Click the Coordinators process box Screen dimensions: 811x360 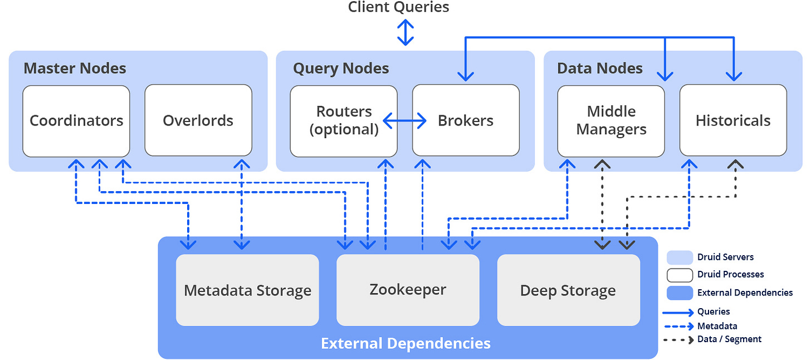coord(76,121)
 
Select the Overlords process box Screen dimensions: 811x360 coord(198,120)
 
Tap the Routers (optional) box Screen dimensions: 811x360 coord(344,121)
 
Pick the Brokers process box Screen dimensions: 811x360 coord(466,120)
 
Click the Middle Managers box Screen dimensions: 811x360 coord(611,121)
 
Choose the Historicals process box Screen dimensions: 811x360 coord(733,120)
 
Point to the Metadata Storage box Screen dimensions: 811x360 coord(247,290)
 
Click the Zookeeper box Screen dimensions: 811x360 coord(408,290)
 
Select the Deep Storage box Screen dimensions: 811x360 coord(568,290)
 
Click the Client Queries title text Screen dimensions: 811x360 coord(399,7)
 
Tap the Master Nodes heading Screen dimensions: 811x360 coord(75,68)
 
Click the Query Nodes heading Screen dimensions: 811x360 coord(341,68)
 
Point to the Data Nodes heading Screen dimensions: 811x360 coord(600,68)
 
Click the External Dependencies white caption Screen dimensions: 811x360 coord(406,343)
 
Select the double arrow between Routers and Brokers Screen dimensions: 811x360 coord(405,120)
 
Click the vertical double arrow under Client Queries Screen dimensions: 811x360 coord(405,32)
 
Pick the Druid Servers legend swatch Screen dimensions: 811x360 coord(680,257)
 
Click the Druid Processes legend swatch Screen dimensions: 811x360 coord(680,275)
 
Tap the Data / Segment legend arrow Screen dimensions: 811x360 coord(678,340)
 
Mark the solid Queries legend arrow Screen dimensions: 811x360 coord(678,312)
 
